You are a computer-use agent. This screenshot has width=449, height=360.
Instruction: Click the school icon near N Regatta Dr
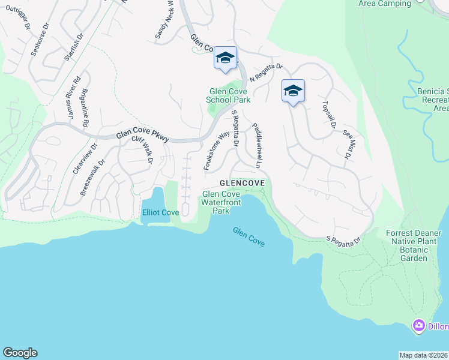point(293,91)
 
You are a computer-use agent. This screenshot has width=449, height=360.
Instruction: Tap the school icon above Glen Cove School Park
point(225,58)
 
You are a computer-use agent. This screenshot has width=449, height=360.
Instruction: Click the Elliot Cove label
point(160,212)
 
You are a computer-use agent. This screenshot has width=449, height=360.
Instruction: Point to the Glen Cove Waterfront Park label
point(221,202)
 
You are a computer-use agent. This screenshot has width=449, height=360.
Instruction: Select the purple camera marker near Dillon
point(418,326)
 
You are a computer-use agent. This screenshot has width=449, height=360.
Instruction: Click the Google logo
point(20,353)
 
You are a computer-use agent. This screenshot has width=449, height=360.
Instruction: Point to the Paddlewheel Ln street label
point(258,146)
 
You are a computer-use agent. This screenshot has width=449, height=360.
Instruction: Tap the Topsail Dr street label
point(328,114)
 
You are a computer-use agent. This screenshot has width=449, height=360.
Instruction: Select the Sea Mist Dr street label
point(346,145)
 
